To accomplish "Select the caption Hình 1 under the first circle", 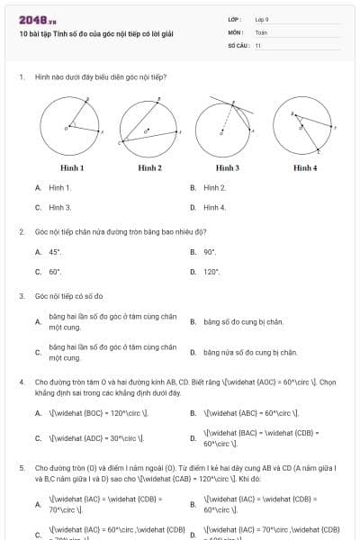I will (x=72, y=167).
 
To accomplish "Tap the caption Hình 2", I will (x=149, y=167).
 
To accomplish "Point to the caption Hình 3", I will (x=227, y=167).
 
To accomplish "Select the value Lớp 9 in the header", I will (x=262, y=19).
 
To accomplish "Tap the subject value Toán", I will (x=261, y=32).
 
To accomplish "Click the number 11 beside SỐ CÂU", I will (x=258, y=45).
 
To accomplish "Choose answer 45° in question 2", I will (x=55, y=252).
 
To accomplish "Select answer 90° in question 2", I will (x=210, y=252).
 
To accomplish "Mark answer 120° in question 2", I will (x=211, y=271).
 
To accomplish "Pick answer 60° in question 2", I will (x=55, y=271).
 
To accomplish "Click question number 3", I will (x=21, y=295).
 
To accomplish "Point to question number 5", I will (x=21, y=469).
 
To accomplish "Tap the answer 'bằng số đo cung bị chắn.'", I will (x=243, y=321).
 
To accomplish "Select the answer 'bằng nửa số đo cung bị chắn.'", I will (x=249, y=353).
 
